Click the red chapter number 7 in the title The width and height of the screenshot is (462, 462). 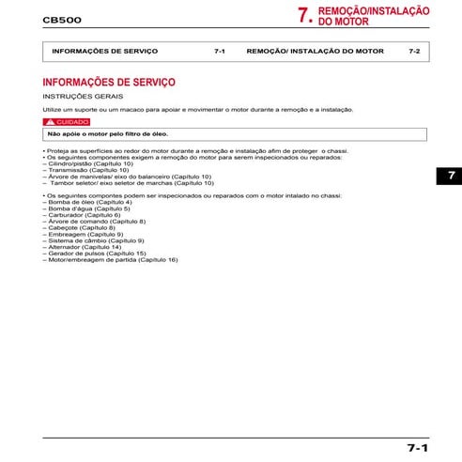(303, 15)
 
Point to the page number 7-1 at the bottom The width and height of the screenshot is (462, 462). (418, 448)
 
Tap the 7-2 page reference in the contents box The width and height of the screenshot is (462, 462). (414, 50)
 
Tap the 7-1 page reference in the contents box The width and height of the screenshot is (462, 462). (219, 50)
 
